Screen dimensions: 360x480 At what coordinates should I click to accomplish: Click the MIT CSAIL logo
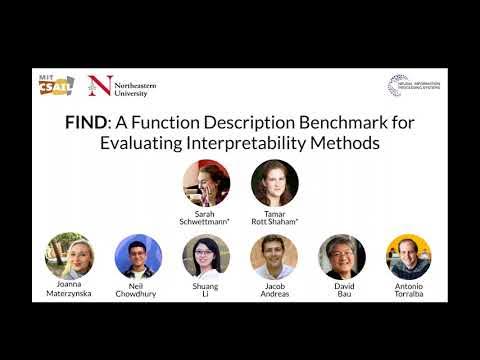click(x=59, y=86)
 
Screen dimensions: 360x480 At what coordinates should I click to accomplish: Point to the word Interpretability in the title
click(x=250, y=142)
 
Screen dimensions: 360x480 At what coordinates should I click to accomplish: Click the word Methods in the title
click(x=344, y=142)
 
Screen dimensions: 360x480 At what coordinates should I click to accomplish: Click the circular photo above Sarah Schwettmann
click(x=206, y=182)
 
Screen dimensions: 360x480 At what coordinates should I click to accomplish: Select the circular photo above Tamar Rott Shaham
click(x=274, y=182)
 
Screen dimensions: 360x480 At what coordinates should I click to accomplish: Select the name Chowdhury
click(x=138, y=294)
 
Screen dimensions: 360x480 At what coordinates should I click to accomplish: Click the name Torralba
click(x=409, y=294)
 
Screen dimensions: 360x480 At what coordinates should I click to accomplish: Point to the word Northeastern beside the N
click(x=133, y=82)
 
